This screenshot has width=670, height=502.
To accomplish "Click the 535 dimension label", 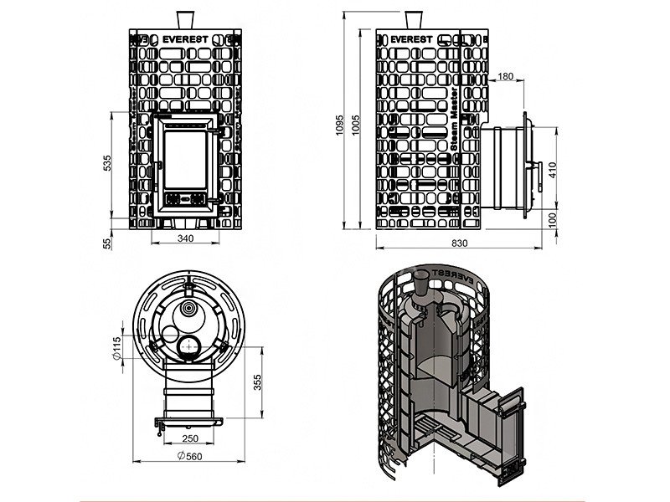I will point(107,164).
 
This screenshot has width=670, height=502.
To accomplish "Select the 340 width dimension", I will point(185,239).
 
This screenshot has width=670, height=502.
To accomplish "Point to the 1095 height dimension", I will point(338,124).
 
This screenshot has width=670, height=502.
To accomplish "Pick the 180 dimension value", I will point(505,77).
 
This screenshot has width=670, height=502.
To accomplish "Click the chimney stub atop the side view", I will point(413,19).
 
